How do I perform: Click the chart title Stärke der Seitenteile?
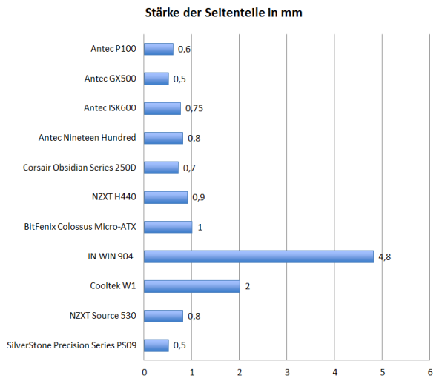(222, 13)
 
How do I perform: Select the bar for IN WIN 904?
(258, 256)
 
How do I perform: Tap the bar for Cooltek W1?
(191, 286)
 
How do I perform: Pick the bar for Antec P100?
(158, 49)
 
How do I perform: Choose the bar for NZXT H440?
(165, 197)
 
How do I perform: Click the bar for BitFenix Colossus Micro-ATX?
(168, 227)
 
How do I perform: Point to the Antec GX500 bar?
(156, 79)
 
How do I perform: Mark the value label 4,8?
(385, 256)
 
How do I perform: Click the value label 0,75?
(194, 108)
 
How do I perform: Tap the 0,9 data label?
(199, 197)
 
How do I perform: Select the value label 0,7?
(189, 168)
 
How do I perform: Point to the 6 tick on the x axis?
(430, 371)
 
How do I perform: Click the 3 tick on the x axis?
(287, 371)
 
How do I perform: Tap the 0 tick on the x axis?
(144, 371)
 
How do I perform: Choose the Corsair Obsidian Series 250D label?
(80, 168)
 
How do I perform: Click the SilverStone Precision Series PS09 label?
(72, 345)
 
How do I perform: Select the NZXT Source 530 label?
(102, 316)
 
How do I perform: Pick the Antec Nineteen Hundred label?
(88, 138)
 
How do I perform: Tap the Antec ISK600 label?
(110, 108)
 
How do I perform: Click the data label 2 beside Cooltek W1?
(248, 286)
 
